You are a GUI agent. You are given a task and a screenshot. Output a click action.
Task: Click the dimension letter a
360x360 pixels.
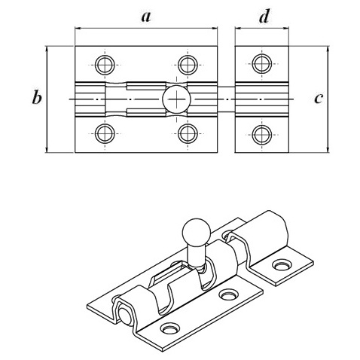(146, 17)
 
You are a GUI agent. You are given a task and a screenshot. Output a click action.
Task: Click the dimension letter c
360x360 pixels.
(319, 99)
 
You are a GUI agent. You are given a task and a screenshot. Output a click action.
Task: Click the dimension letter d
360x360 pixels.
(264, 17)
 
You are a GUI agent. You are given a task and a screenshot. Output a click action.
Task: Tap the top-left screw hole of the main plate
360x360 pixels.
(105, 65)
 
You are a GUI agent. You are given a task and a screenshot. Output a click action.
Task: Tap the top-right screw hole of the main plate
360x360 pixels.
(188, 65)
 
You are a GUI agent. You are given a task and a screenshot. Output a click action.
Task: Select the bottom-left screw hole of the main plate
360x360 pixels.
(105, 133)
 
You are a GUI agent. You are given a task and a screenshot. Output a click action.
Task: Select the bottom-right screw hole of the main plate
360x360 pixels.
(188, 133)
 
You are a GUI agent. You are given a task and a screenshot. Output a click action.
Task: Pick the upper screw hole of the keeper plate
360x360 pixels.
(262, 64)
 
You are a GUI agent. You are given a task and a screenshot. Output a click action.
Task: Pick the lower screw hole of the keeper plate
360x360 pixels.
(262, 135)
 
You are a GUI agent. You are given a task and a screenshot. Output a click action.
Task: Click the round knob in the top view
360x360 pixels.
(176, 99)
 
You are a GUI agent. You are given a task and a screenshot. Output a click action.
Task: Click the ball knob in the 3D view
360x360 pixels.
(196, 232)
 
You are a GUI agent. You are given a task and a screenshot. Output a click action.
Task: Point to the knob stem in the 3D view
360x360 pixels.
(197, 255)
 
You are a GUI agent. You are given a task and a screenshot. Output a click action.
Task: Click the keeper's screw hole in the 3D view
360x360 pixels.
(282, 265)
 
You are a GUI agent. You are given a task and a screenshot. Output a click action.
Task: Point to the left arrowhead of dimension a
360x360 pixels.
(78, 28)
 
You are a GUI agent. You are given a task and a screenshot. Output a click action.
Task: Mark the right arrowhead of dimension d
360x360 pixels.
(286, 28)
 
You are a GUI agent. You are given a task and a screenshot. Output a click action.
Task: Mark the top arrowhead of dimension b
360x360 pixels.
(47, 49)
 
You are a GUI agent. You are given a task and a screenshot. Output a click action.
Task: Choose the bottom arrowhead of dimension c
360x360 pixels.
(328, 149)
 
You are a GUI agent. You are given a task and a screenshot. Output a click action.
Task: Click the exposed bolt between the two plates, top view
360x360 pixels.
(226, 99)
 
